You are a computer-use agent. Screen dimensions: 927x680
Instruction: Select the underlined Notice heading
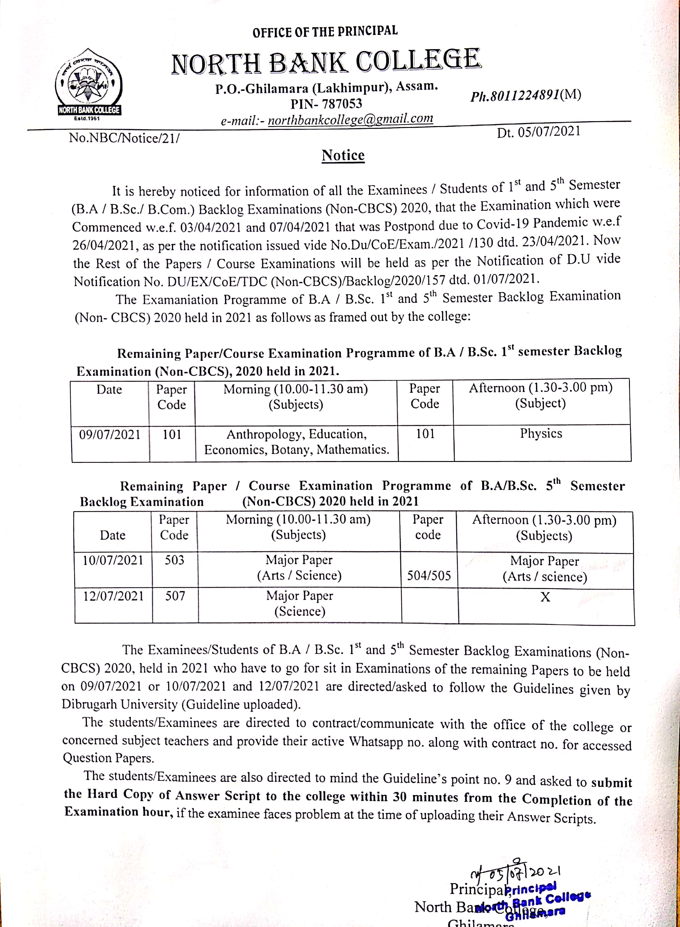coord(343,155)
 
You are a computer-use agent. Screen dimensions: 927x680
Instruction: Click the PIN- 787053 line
coord(326,104)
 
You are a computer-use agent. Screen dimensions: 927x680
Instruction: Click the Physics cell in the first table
coord(541,433)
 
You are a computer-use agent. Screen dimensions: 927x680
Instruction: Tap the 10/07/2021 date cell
coord(113,561)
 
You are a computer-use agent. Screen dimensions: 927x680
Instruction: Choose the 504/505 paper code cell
coord(429,575)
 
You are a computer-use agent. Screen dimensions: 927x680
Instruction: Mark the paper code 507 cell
coord(175,596)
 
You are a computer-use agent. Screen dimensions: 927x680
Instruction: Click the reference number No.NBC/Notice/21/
coord(124,138)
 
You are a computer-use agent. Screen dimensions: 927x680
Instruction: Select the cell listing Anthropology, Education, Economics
coord(296,442)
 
